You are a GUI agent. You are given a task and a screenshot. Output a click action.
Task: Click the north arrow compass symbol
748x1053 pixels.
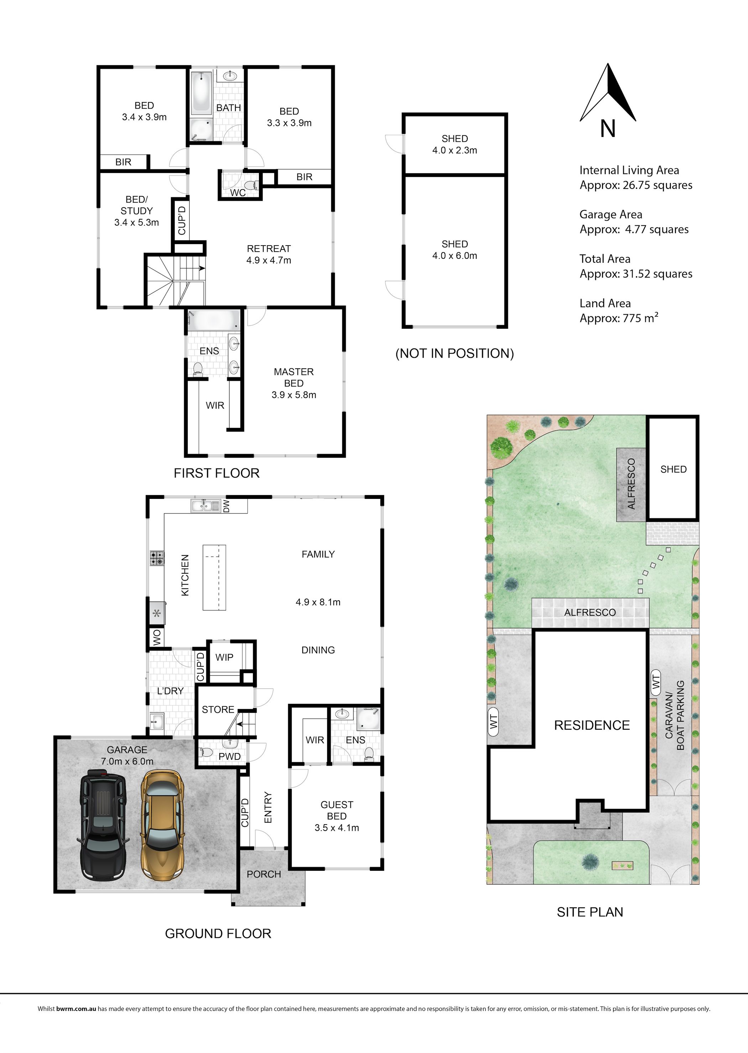pos(608,94)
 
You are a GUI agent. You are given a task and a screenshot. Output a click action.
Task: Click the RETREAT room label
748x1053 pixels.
pos(269,248)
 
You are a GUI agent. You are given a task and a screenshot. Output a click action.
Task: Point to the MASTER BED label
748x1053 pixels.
pos(294,377)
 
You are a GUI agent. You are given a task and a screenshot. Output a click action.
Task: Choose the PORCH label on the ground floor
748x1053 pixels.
pos(264,874)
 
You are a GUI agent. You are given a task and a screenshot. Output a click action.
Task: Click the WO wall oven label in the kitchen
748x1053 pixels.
pos(157,637)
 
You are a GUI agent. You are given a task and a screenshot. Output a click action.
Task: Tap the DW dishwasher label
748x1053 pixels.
pos(226,506)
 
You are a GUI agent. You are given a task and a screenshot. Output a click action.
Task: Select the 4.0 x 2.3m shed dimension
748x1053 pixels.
pos(454,150)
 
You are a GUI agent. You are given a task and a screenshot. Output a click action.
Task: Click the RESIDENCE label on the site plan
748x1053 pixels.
pos(592,725)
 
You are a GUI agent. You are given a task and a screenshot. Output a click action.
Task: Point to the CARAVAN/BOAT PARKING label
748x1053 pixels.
pos(675,715)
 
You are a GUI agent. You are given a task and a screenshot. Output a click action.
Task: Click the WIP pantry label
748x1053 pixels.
pos(224,657)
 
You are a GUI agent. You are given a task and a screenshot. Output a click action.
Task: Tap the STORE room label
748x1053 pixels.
pos(218,710)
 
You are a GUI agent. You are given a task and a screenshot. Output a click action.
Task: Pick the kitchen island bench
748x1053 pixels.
pos(215,578)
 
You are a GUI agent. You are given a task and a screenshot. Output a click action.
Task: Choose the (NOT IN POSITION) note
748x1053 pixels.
pos(454,353)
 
